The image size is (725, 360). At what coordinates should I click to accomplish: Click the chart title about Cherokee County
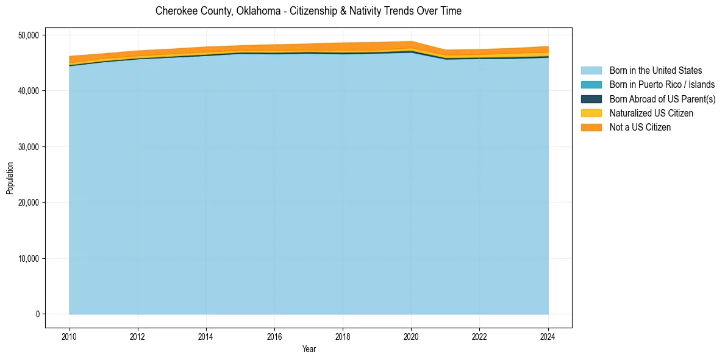point(309,11)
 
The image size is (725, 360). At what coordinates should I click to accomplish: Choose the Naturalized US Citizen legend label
point(651,113)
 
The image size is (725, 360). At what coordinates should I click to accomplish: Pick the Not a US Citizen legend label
point(640,128)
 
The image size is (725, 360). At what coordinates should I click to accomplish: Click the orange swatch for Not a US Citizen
point(591,128)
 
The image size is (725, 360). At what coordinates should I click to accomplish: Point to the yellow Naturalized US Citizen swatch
point(591,113)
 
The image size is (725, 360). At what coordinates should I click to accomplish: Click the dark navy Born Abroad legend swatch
point(591,99)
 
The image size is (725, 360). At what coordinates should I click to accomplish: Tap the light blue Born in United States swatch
point(591,71)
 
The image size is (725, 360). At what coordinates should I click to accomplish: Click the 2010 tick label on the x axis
point(70,336)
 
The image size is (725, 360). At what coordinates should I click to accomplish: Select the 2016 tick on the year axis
point(274,336)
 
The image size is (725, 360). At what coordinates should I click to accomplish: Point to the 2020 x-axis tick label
point(411,336)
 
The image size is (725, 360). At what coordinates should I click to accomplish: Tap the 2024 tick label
point(548,336)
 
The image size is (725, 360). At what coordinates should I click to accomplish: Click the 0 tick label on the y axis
point(37,314)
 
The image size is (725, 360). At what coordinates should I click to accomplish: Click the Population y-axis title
point(10,178)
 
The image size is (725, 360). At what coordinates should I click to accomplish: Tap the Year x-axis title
point(309,349)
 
